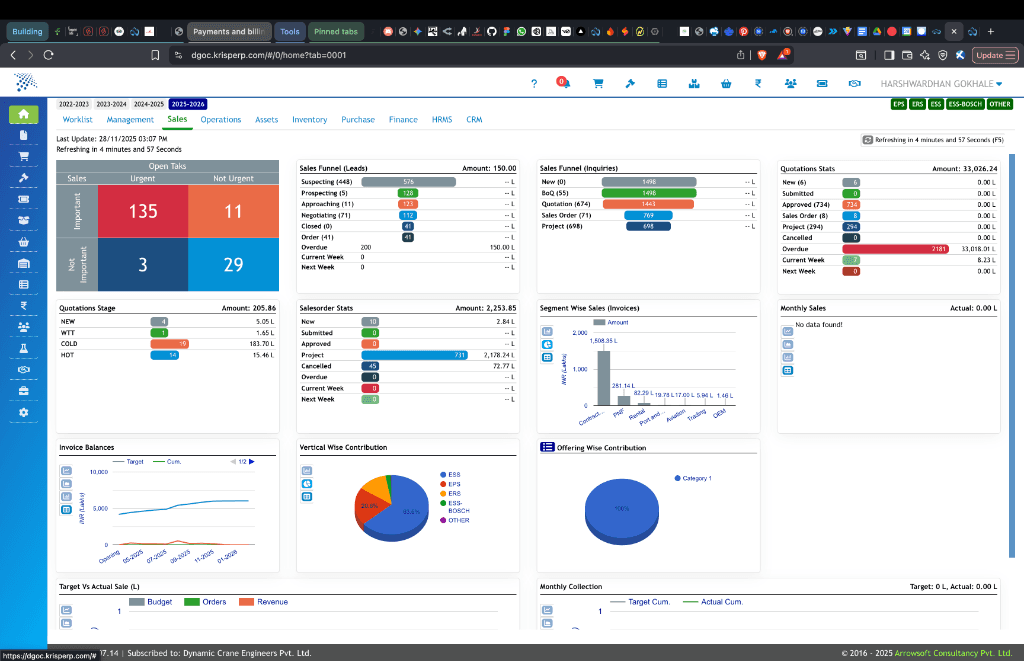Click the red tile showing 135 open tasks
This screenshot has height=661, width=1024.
[143, 211]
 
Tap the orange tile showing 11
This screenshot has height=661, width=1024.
[234, 211]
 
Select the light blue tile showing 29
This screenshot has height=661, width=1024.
[234, 264]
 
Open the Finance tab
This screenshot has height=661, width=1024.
[403, 120]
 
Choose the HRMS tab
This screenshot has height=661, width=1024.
[442, 120]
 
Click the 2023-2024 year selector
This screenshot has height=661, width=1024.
[111, 104]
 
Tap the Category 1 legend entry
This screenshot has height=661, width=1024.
[697, 479]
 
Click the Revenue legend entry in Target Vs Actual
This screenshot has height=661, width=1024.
[272, 602]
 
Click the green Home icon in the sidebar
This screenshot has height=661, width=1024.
[24, 115]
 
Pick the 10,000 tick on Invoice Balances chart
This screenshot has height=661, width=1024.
[99, 471]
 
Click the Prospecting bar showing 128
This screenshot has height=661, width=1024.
[408, 193]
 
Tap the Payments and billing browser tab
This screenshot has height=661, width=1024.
[228, 31]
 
